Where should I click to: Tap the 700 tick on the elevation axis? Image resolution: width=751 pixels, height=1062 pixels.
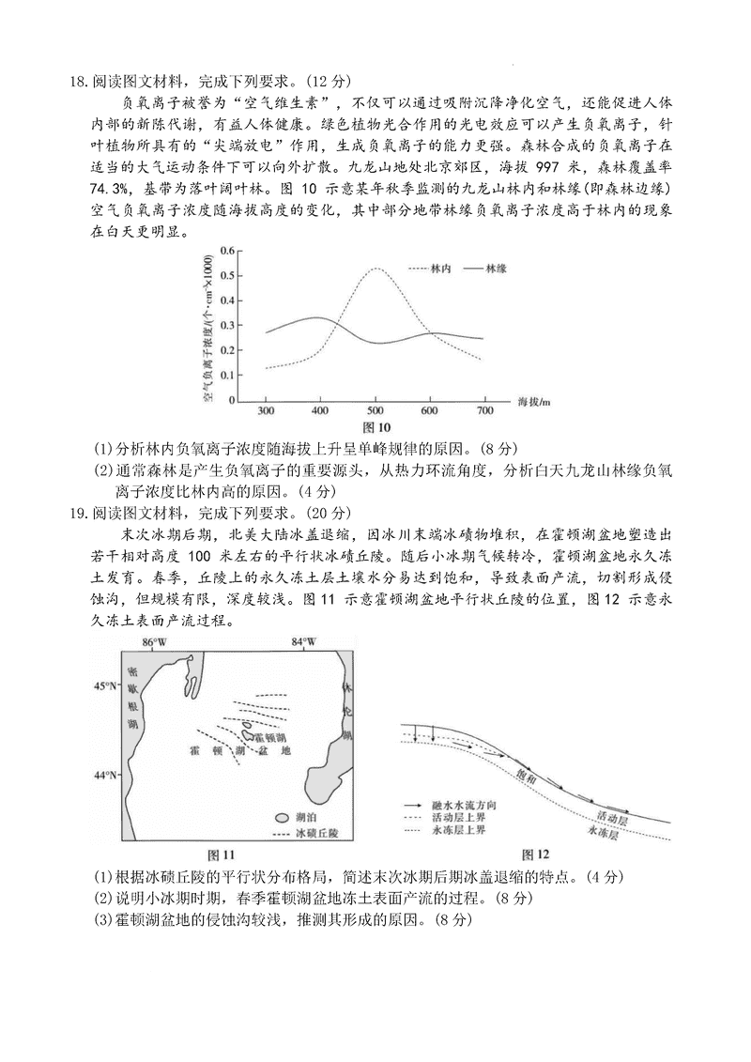485,411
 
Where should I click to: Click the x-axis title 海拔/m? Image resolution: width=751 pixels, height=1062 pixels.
535,403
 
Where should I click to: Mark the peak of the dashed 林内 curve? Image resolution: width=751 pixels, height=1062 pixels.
375,269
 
